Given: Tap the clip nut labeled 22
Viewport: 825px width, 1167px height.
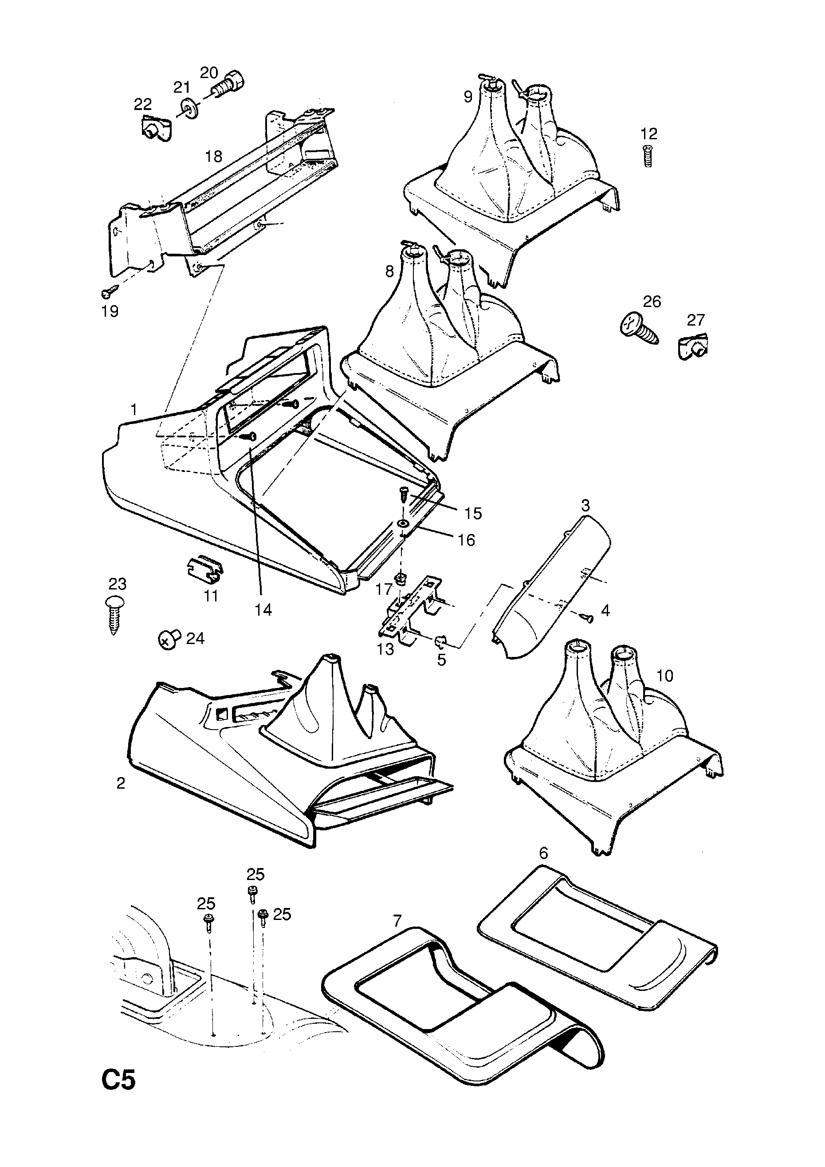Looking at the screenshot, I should tap(155, 129).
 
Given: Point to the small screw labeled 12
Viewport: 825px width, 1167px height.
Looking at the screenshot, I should tap(648, 156).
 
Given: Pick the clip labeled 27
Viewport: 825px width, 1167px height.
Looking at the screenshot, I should tap(693, 347).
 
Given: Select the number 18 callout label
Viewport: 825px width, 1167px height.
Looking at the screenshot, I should tap(213, 157).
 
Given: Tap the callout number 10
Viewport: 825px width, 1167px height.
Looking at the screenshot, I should tap(664, 676).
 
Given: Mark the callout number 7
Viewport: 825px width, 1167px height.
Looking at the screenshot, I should tap(397, 920).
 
